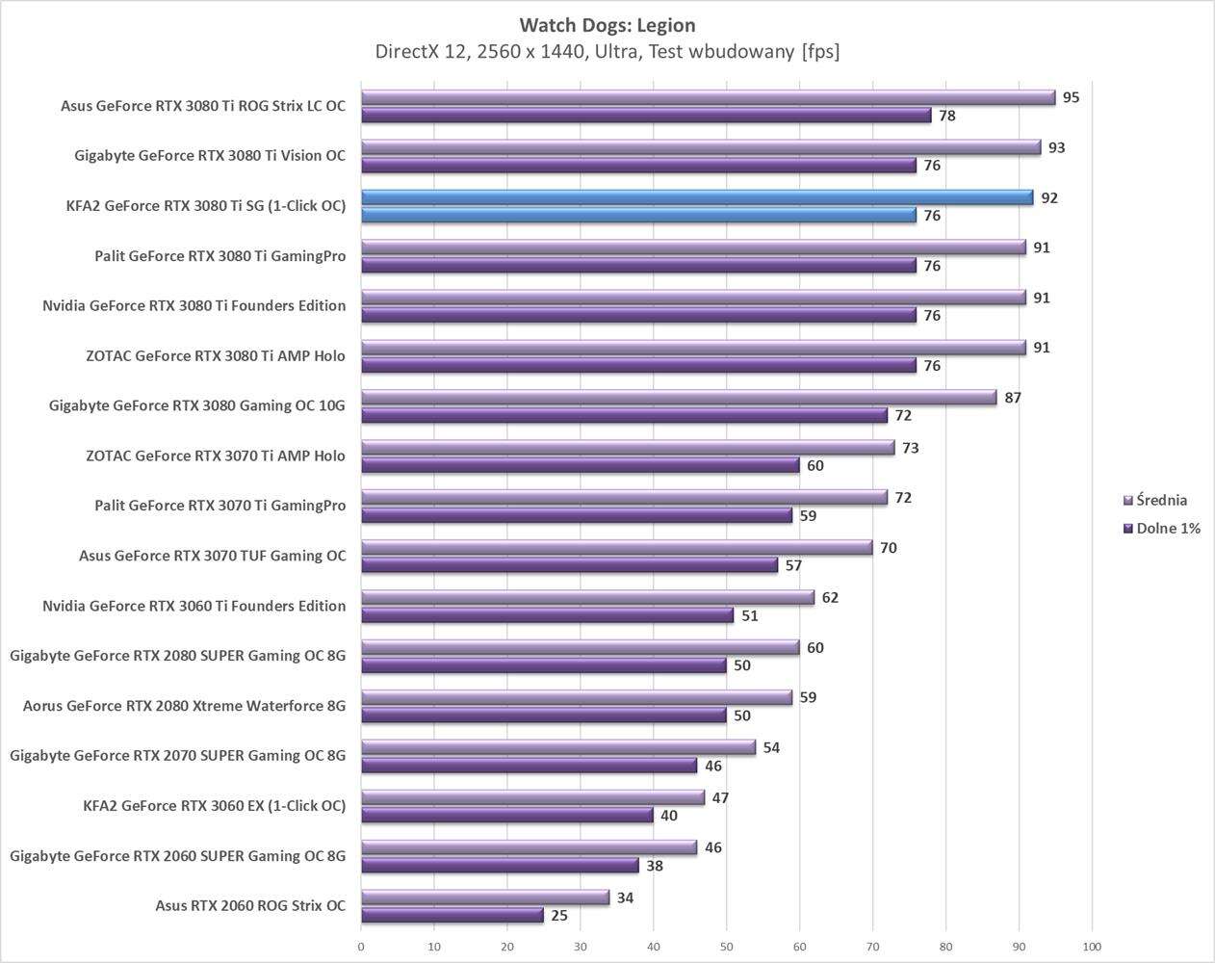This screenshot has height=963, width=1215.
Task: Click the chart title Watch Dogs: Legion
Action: pyautogui.click(x=607, y=25)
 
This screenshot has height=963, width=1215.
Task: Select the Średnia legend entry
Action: pyautogui.click(x=1161, y=500)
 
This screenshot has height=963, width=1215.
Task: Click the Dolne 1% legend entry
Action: pyautogui.click(x=1167, y=529)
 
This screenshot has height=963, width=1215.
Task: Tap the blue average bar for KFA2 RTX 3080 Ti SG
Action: pyautogui.click(x=696, y=197)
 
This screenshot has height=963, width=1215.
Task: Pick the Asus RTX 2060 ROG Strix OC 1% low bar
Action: pyautogui.click(x=452, y=915)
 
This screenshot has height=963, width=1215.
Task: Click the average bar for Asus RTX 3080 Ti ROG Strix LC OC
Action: pyautogui.click(x=708, y=97)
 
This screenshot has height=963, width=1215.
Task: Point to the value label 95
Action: pyautogui.click(x=1071, y=97)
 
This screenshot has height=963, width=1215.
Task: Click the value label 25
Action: pyautogui.click(x=558, y=916)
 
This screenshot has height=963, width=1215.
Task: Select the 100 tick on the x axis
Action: pyautogui.click(x=1092, y=947)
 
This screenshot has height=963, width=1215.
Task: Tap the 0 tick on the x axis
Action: pyautogui.click(x=361, y=947)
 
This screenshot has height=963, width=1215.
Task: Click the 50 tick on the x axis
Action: pyautogui.click(x=727, y=947)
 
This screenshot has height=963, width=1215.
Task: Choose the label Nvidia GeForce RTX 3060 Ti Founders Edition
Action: pyautogui.click(x=194, y=606)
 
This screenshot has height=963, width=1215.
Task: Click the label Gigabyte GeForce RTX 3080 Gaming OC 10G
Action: pyautogui.click(x=196, y=405)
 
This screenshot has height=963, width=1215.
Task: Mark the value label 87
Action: pyautogui.click(x=1012, y=398)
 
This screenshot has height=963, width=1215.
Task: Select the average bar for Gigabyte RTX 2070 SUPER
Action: pyautogui.click(x=558, y=747)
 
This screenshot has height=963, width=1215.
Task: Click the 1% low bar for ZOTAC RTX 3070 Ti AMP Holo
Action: pyautogui.click(x=581, y=465)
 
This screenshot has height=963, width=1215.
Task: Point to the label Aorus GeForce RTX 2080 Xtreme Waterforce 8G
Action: pyautogui.click(x=184, y=706)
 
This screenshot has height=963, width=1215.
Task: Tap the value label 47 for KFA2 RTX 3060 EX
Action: pyautogui.click(x=719, y=798)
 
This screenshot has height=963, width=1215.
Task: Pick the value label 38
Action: pyautogui.click(x=654, y=866)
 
